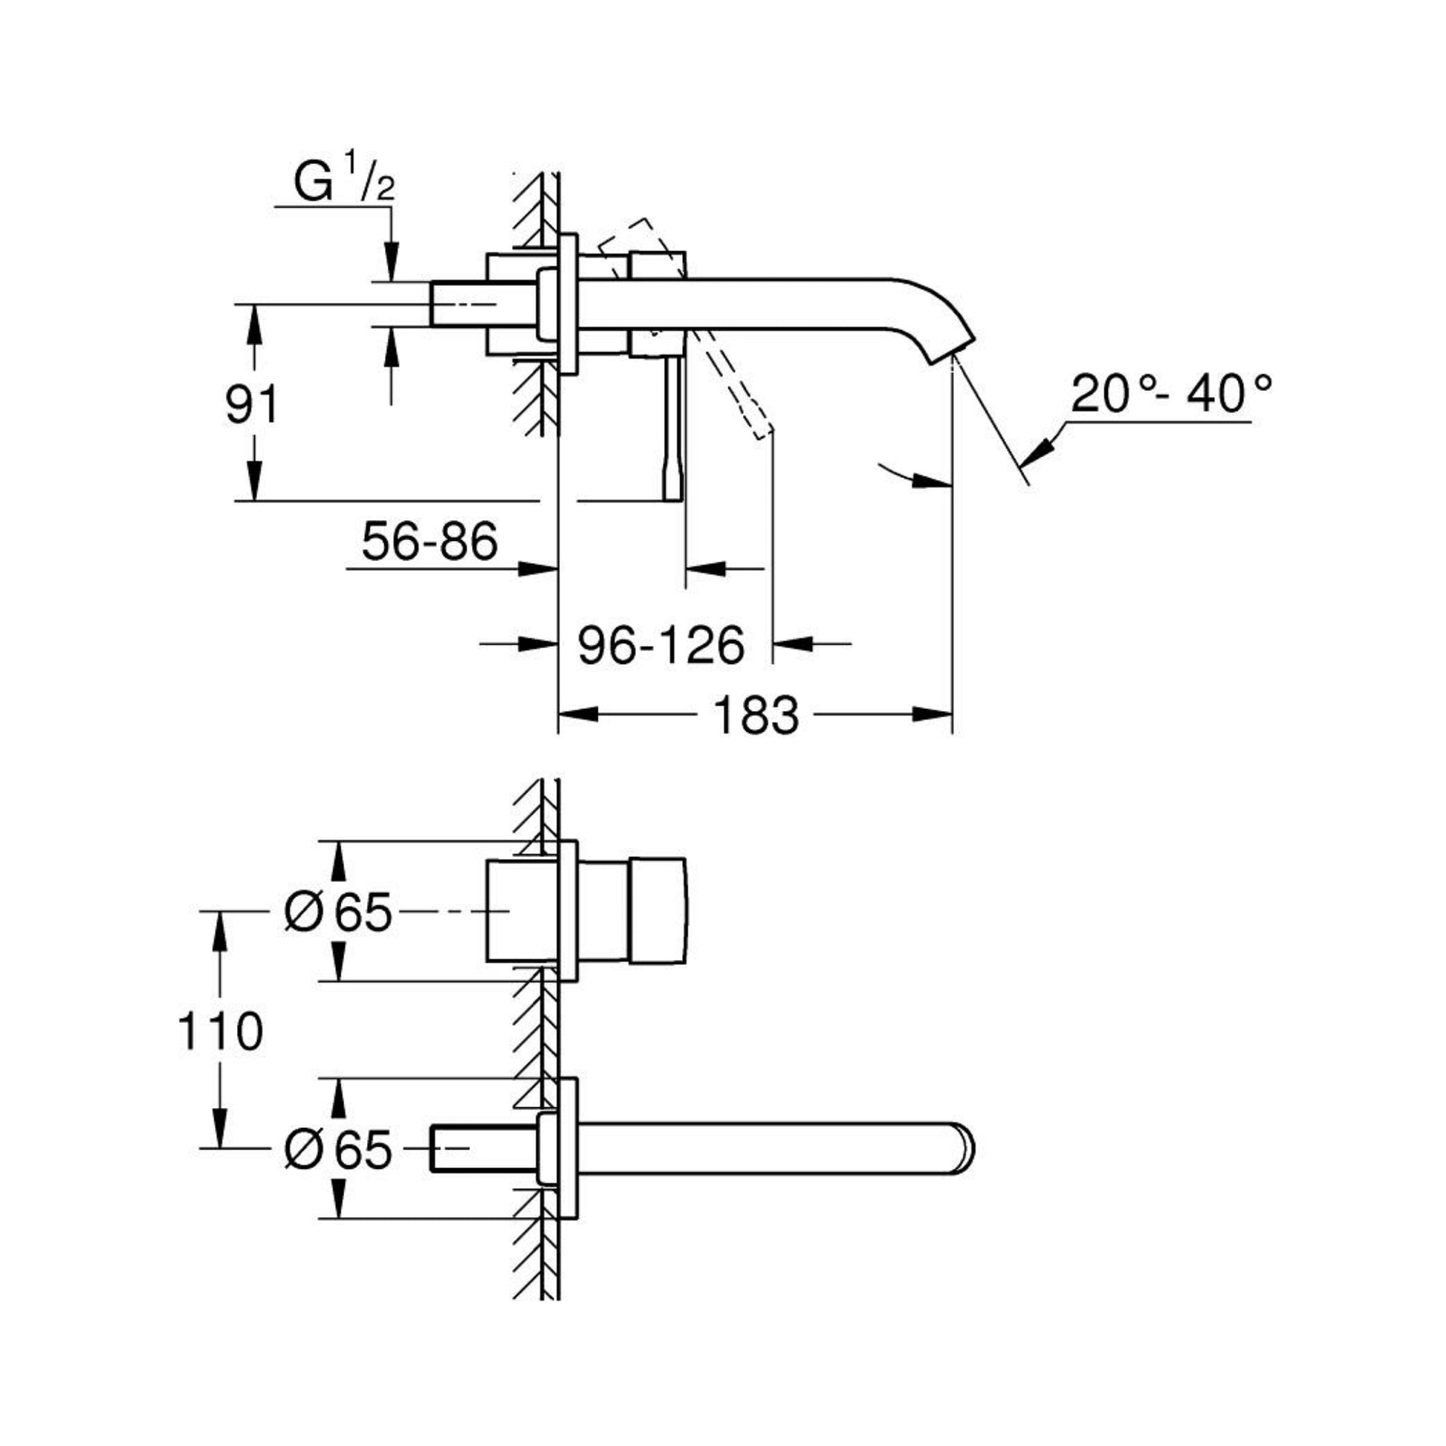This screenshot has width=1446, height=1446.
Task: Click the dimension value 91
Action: click(251, 405)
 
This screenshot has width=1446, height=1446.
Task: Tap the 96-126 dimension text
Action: click(661, 645)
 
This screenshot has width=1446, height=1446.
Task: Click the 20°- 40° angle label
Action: click(1170, 395)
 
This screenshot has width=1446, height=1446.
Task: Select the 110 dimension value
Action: click(220, 1031)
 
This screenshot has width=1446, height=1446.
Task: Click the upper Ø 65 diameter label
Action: click(338, 912)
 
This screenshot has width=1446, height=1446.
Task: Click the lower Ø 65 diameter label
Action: click(338, 1148)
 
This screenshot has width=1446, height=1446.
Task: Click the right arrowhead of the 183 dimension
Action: click(933, 715)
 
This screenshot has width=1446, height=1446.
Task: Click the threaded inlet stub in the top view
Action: click(458, 304)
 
